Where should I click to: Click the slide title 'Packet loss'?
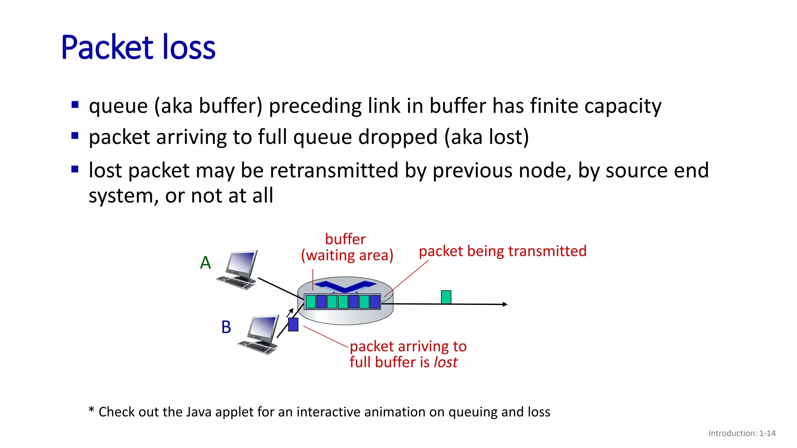click(138, 47)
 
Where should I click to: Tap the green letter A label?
click(205, 263)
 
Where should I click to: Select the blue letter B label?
click(226, 327)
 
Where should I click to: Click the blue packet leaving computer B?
click(293, 325)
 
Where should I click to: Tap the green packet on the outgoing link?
click(446, 297)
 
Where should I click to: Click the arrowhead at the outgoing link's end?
click(505, 304)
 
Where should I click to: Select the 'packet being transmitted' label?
click(502, 251)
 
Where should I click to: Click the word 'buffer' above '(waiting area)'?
click(345, 239)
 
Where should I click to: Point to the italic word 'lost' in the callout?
click(446, 362)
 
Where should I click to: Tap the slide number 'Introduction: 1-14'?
click(742, 433)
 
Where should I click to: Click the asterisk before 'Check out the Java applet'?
click(91, 410)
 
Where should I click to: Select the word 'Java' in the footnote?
click(199, 412)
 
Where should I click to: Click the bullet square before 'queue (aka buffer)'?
click(75, 105)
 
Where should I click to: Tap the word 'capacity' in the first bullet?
click(623, 106)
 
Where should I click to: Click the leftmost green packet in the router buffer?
click(311, 302)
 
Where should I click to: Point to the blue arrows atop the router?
click(345, 286)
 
